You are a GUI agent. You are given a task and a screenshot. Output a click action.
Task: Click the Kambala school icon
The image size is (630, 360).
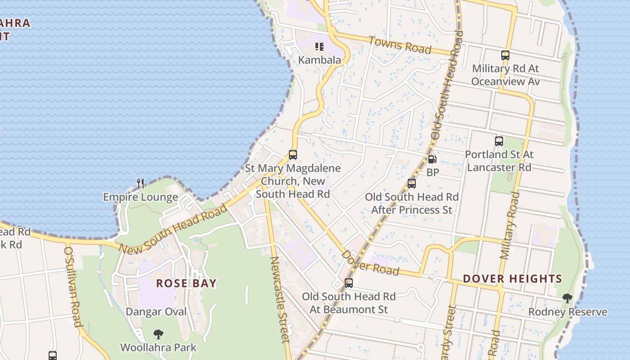click(319, 47)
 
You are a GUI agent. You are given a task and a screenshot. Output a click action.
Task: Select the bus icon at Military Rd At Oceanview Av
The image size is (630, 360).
click(505, 55)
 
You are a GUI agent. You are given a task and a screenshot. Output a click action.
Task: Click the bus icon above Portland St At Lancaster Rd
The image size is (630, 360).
click(499, 141)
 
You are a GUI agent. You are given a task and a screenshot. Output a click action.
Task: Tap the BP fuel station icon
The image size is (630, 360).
click(432, 159)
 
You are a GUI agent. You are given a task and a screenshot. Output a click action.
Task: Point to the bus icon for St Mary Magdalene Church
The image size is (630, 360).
click(293, 155)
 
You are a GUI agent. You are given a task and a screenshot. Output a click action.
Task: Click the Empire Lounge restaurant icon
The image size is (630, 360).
click(140, 184)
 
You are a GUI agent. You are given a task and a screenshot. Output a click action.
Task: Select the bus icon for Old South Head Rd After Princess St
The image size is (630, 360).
click(411, 184)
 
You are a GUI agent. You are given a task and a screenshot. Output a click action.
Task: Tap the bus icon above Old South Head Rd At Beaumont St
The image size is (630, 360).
click(348, 283)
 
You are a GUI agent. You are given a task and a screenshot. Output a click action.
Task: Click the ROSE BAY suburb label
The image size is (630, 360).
click(186, 283)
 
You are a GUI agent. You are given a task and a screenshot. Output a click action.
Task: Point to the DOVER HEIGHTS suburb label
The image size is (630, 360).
click(513, 279)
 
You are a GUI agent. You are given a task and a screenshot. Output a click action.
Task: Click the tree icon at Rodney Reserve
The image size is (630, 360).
click(567, 298)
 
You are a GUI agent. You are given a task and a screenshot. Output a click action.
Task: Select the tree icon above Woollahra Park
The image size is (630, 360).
click(158, 334)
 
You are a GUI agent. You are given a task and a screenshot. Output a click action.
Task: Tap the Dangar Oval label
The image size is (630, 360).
click(156, 311)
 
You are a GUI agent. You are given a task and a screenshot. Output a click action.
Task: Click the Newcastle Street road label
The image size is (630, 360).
click(279, 299)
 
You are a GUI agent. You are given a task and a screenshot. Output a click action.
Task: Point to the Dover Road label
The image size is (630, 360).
click(370, 263)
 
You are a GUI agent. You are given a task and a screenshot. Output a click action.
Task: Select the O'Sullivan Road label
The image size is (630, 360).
click(73, 286)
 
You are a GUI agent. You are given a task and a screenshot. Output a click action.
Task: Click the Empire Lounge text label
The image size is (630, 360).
click(140, 197)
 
